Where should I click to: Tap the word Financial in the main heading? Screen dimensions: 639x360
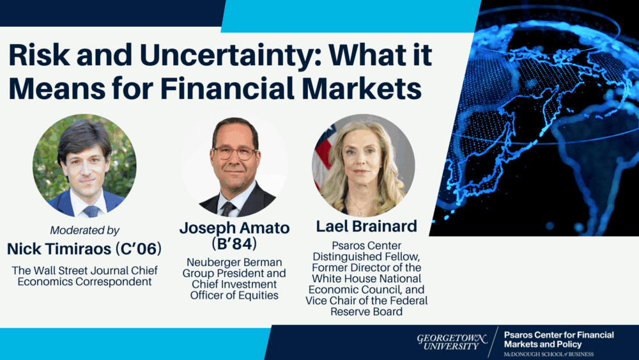(227, 88)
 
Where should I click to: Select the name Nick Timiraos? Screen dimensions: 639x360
(59, 249)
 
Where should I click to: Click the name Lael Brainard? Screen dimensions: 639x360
(366, 226)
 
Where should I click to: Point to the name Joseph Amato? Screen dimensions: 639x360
(235, 228)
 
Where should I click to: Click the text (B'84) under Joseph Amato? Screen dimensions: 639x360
(235, 244)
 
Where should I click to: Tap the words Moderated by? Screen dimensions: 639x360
(85, 230)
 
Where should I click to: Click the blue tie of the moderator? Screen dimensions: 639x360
(91, 211)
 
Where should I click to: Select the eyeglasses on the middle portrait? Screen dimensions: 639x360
(235, 153)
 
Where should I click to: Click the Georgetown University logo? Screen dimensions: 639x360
(452, 342)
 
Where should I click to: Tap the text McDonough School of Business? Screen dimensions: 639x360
(548, 354)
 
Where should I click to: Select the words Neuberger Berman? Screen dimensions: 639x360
(235, 262)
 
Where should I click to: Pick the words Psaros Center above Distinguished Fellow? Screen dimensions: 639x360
(366, 246)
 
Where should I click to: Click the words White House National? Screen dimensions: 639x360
(366, 279)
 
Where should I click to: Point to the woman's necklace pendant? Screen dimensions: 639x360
(358, 212)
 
